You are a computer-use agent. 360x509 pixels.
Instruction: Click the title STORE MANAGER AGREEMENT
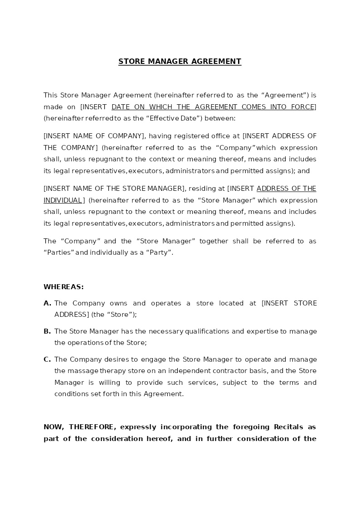[x=180, y=61]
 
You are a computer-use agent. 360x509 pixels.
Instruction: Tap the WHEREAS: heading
[x=63, y=287]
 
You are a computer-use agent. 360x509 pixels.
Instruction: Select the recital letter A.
[x=47, y=303]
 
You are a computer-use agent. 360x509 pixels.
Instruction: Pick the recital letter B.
[x=47, y=331]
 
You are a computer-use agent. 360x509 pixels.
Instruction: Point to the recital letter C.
[x=47, y=359]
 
